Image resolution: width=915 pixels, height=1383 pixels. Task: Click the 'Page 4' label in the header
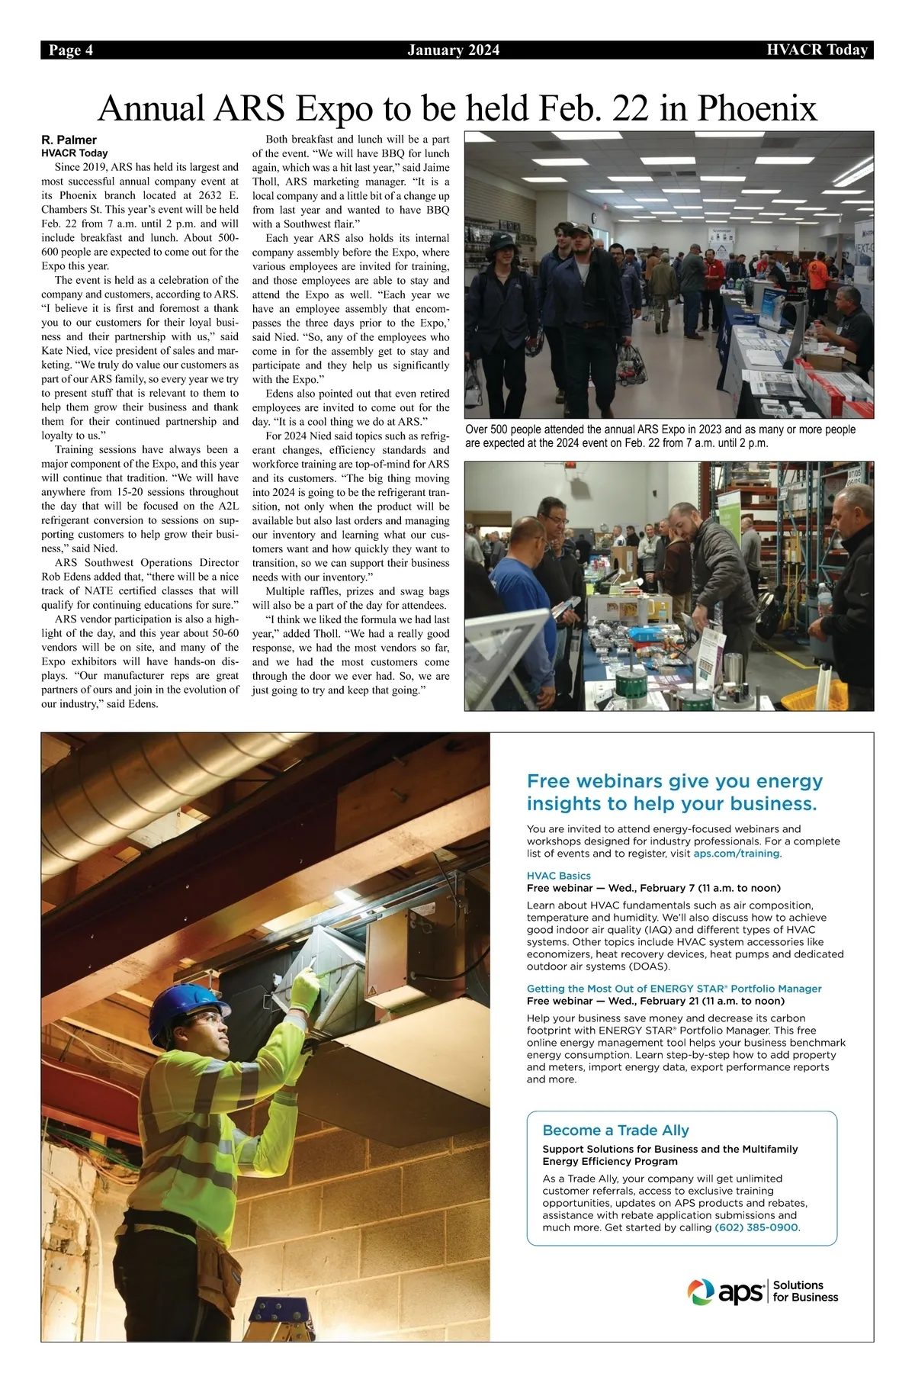(x=71, y=50)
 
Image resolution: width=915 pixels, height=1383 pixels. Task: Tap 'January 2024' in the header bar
(x=454, y=50)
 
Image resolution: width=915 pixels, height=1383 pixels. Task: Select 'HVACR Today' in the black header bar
(x=817, y=50)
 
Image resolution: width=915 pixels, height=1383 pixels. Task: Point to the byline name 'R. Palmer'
(x=69, y=140)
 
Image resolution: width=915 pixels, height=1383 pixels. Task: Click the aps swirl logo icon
(x=701, y=1291)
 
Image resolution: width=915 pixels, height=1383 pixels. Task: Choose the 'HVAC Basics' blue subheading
(x=559, y=876)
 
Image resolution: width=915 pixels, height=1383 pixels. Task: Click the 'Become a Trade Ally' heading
(x=615, y=1130)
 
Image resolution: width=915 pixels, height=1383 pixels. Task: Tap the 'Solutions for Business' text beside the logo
(x=804, y=1291)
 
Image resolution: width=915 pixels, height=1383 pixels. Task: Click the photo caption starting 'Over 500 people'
(x=660, y=436)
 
